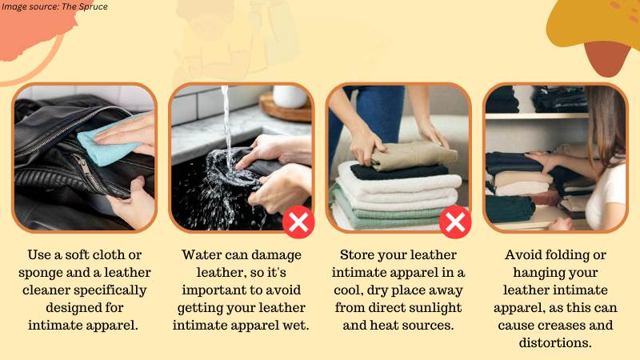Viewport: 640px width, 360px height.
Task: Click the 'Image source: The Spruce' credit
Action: pyautogui.click(x=54, y=6)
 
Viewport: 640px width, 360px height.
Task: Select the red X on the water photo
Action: pyautogui.click(x=298, y=222)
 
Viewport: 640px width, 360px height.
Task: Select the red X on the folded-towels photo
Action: pyautogui.click(x=455, y=222)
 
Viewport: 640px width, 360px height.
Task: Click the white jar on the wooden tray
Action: pyautogui.click(x=290, y=96)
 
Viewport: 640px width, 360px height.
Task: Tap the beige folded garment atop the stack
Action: pyautogui.click(x=413, y=155)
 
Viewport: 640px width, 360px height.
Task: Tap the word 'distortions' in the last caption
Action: pyautogui.click(x=555, y=342)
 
